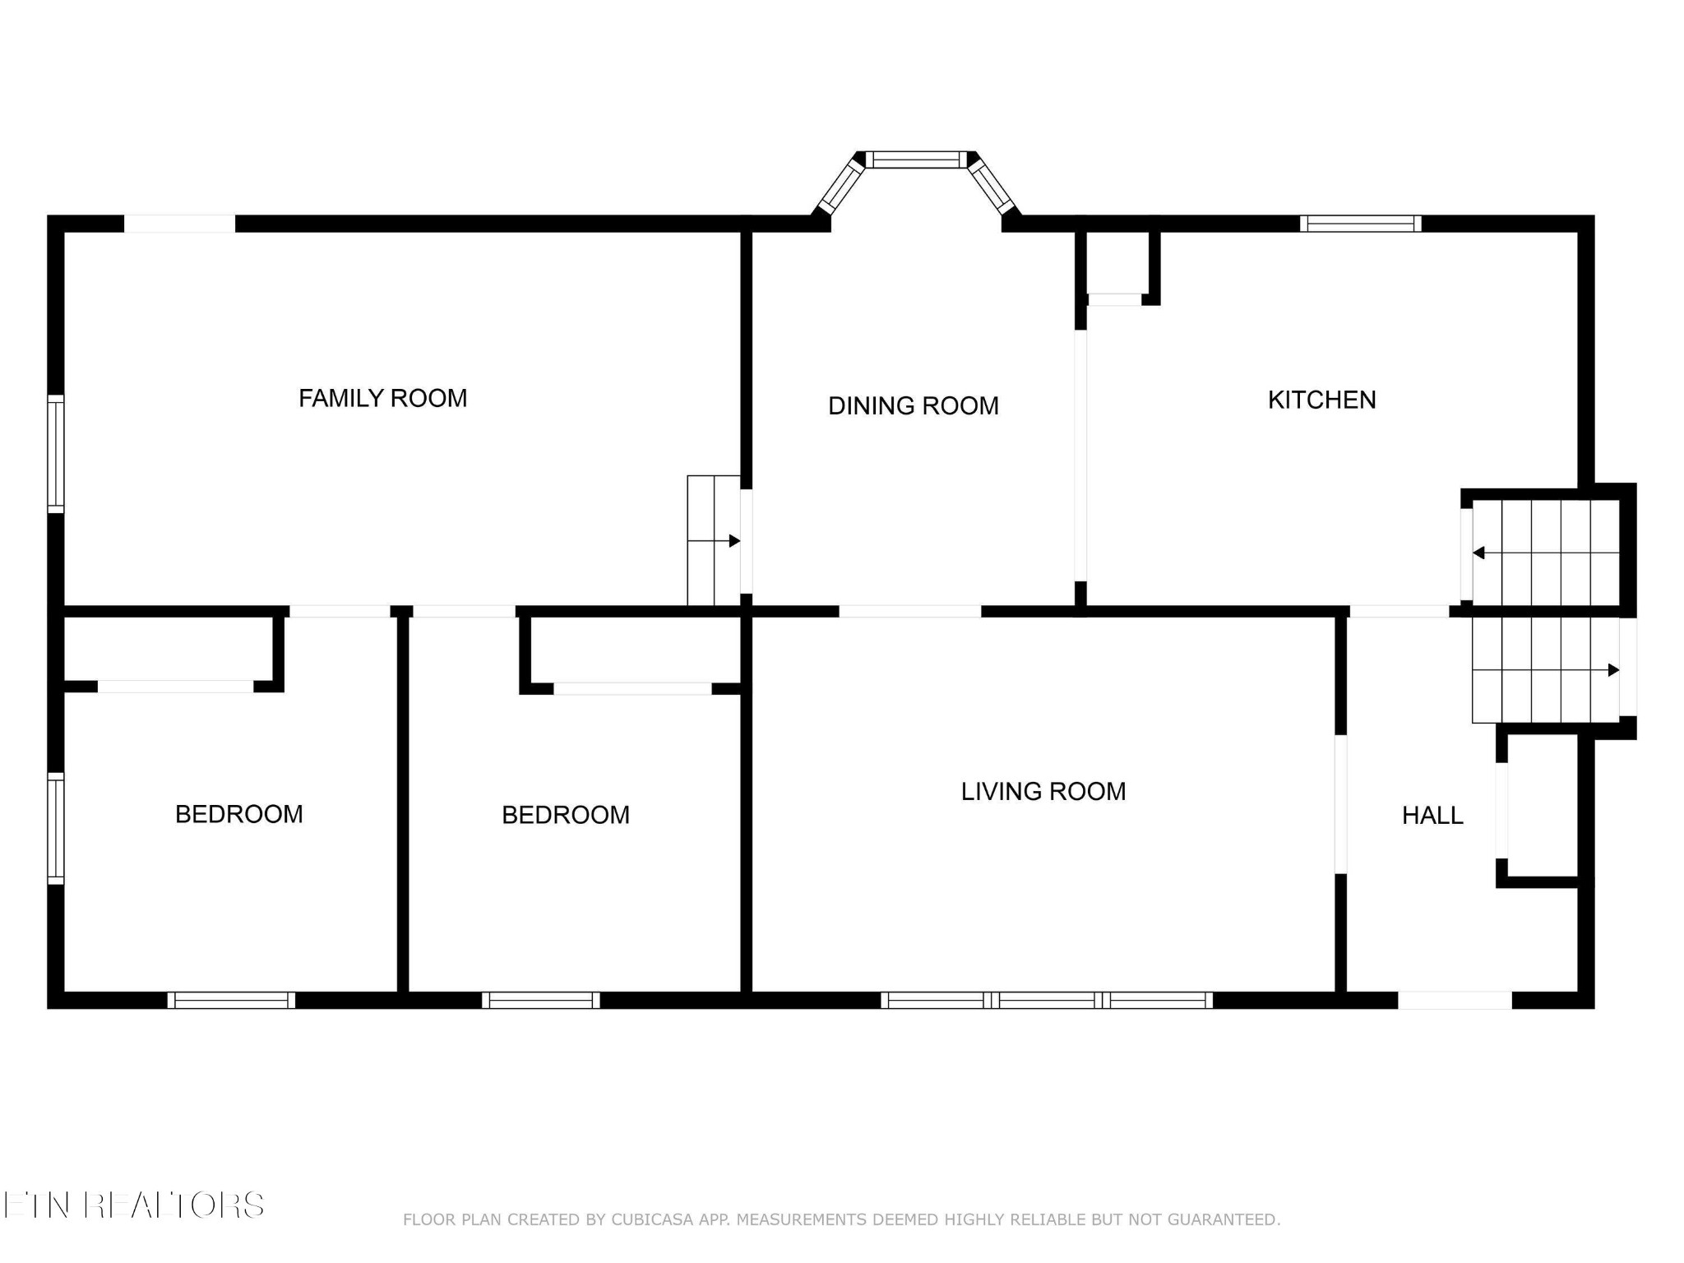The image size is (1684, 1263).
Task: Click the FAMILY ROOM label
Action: pyautogui.click(x=382, y=398)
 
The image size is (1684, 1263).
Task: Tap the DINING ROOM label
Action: pyautogui.click(x=913, y=405)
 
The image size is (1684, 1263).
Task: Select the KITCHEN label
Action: pyautogui.click(x=1321, y=400)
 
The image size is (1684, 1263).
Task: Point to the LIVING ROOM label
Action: pyautogui.click(x=1043, y=791)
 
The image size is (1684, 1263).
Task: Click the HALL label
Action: pyautogui.click(x=1432, y=815)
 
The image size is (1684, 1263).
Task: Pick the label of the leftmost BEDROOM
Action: pyautogui.click(x=238, y=814)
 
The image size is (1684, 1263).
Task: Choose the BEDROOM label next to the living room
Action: pyautogui.click(x=566, y=815)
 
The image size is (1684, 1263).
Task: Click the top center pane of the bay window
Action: pyautogui.click(x=916, y=160)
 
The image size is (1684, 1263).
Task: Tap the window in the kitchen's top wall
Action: pyautogui.click(x=1361, y=224)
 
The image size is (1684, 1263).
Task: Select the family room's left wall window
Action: pyautogui.click(x=55, y=454)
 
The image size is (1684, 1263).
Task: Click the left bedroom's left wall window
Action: pyautogui.click(x=55, y=828)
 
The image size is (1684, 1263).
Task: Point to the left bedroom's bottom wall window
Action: pyautogui.click(x=231, y=1000)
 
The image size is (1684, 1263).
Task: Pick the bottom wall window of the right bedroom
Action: pyautogui.click(x=540, y=1000)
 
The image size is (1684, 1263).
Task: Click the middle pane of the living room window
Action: pyautogui.click(x=1047, y=1000)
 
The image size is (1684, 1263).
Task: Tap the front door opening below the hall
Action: pyautogui.click(x=1455, y=1000)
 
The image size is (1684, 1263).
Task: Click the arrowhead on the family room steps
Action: pyautogui.click(x=734, y=541)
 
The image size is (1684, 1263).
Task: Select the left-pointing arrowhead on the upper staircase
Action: pyautogui.click(x=1478, y=553)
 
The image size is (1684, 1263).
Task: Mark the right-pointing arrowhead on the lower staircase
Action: pyautogui.click(x=1613, y=670)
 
